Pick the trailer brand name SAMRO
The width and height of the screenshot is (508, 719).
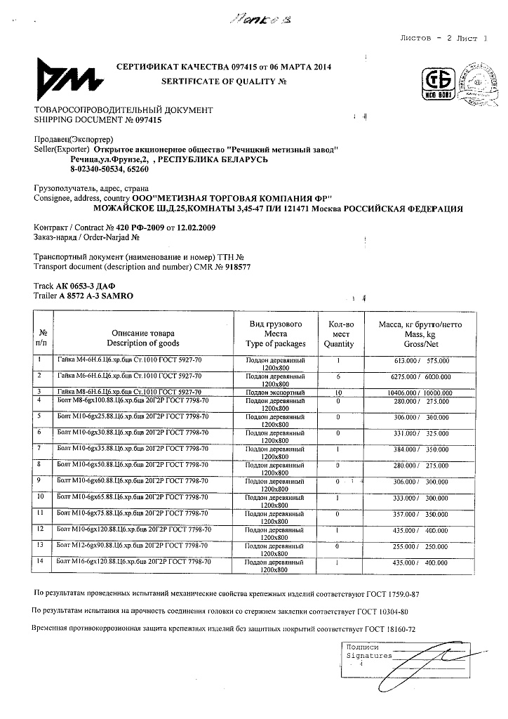(x=112, y=297)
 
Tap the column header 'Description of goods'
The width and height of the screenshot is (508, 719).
(x=143, y=343)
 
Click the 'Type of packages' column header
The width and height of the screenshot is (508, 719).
(x=276, y=343)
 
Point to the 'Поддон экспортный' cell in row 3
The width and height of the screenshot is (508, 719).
(x=276, y=392)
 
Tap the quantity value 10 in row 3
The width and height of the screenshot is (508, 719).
(x=339, y=392)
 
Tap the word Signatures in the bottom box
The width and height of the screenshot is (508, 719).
(x=369, y=655)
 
